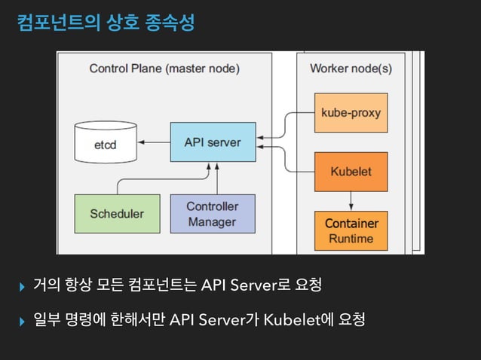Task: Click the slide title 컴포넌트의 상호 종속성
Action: click(106, 23)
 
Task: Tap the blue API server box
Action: click(213, 142)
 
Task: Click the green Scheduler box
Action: click(117, 213)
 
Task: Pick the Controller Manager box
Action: click(212, 213)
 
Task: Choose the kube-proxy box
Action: click(351, 113)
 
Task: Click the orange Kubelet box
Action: click(351, 171)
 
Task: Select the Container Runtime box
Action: click(351, 231)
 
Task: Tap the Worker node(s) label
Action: click(351, 69)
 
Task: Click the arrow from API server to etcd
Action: click(156, 142)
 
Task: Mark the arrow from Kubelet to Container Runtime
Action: click(351, 200)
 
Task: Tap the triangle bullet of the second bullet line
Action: click(22, 322)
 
